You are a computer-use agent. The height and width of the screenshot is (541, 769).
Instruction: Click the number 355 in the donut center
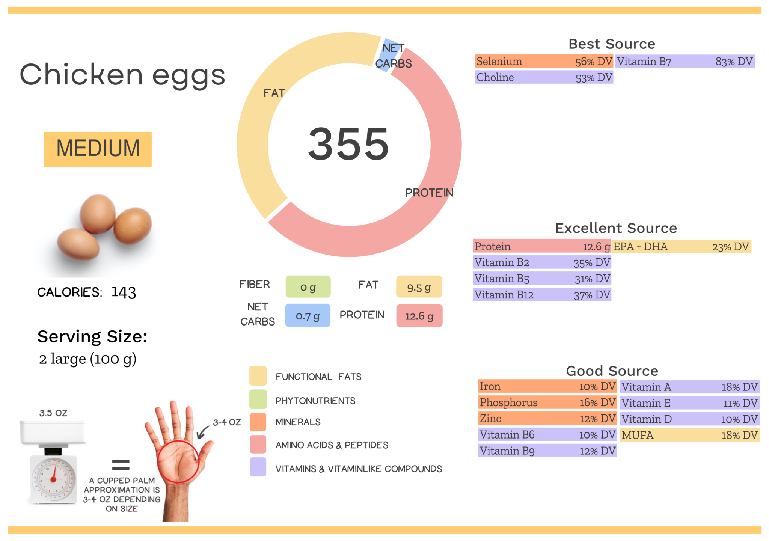click(x=348, y=144)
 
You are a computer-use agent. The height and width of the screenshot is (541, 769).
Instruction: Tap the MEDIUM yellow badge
click(x=98, y=149)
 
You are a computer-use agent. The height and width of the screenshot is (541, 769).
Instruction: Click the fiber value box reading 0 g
click(x=308, y=287)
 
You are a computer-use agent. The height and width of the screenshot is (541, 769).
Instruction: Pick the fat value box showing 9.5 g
click(x=419, y=287)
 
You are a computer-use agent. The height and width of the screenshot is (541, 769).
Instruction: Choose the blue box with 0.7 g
click(x=308, y=316)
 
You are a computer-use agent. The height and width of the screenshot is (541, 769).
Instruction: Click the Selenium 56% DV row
click(x=543, y=62)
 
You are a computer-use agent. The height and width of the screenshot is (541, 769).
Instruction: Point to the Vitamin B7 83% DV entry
click(x=685, y=62)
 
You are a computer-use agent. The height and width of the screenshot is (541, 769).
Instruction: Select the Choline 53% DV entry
click(x=543, y=78)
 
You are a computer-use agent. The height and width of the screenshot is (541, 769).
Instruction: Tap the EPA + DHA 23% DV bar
click(x=681, y=247)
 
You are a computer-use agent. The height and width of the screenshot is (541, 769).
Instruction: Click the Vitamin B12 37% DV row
click(x=542, y=295)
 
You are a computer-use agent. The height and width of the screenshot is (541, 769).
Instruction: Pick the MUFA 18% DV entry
click(x=689, y=435)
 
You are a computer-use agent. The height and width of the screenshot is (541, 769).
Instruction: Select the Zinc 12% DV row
click(x=547, y=419)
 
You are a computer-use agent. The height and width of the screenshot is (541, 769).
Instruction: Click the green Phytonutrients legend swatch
click(x=258, y=399)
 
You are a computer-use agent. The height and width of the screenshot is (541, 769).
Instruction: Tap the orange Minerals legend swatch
click(x=258, y=422)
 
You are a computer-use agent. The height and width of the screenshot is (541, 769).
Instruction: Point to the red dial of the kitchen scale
click(x=54, y=478)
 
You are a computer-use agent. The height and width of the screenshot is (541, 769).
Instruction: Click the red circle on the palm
click(x=178, y=462)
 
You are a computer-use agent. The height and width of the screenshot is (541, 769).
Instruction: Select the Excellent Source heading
click(x=616, y=228)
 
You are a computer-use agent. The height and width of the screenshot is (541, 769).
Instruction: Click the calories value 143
click(x=124, y=292)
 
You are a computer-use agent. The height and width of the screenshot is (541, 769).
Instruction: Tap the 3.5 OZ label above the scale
click(x=53, y=413)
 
